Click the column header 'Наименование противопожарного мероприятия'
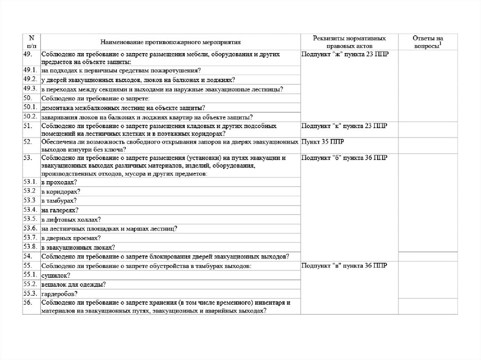[170, 42]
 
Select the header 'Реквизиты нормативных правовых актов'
[350, 42]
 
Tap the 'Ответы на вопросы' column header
[427, 42]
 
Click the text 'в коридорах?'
[61, 191]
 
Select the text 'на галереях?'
[60, 210]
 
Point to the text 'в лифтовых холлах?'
[71, 219]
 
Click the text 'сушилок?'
[56, 275]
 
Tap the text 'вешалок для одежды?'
[73, 284]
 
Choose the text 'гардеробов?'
[60, 294]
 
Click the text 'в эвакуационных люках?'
[78, 247]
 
